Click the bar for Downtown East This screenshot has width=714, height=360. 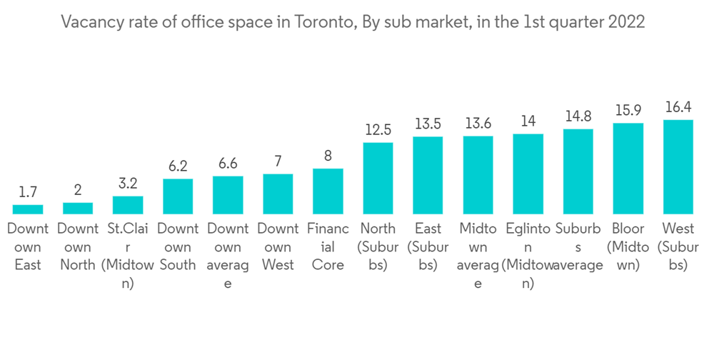[28, 209]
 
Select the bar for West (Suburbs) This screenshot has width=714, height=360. [678, 167]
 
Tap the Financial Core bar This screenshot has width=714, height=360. [328, 191]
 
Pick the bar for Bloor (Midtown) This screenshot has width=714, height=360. [628, 169]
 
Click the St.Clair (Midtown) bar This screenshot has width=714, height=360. [128, 205]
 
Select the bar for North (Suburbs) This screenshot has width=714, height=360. [378, 179]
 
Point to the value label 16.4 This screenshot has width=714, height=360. [678, 107]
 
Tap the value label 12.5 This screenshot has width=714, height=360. [378, 130]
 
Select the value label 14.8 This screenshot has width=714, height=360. [578, 116]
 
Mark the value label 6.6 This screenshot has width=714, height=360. [228, 164]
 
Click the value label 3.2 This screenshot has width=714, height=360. [128, 184]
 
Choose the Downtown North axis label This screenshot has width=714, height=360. [78, 247]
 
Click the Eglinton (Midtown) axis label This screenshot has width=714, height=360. [528, 256]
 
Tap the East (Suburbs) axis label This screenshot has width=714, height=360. [428, 247]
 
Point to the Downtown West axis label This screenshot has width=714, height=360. [278, 247]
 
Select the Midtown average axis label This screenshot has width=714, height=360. [478, 256]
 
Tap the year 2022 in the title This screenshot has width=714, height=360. [626, 22]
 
